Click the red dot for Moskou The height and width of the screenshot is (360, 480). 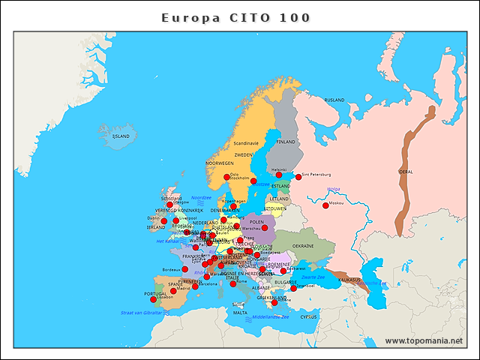tap(325, 205)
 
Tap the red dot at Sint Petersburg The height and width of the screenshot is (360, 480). tap(298, 177)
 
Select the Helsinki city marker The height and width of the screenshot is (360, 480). tap(280, 175)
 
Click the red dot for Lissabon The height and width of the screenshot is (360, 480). tap(154, 299)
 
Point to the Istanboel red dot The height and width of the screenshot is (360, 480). tap(294, 288)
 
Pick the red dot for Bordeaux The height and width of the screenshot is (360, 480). tap(185, 269)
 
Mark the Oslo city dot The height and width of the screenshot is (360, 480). tap(227, 177)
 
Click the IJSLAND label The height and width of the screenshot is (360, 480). tap(121, 136)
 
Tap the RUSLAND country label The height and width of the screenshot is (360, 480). tap(334, 100)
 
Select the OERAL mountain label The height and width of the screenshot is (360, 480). tap(405, 172)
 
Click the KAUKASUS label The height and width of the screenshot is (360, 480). tap(349, 280)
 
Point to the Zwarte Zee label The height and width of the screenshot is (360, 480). tap(313, 277)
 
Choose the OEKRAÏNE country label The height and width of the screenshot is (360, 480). tap(303, 246)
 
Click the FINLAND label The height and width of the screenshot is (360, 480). tap(286, 141)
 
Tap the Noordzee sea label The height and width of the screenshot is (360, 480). tap(201, 198)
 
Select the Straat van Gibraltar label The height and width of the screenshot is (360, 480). tap(141, 312)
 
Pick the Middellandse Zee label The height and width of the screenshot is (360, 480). tap(271, 316)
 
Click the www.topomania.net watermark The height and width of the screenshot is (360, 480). tap(424, 340)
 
